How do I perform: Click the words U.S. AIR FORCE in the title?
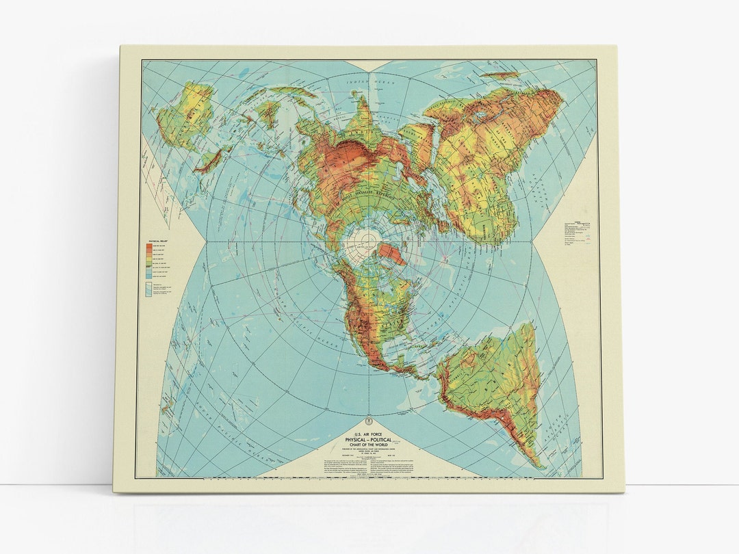(369, 427)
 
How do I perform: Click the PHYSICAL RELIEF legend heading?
(158, 241)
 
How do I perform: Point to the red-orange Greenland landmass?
(392, 254)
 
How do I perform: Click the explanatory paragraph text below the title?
(368, 466)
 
